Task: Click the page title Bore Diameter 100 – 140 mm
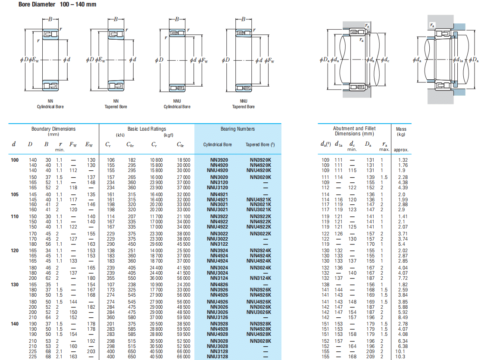pos(57,4)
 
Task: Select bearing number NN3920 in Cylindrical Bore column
pos(219,160)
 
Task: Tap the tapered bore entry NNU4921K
pos(259,200)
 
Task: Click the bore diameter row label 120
pos(15,250)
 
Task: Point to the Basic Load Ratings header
pos(147,129)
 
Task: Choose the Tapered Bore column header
pos(260,144)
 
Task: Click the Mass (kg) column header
pos(401,131)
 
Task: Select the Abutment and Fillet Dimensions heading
pos(354,131)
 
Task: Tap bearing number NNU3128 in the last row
pos(218,357)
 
